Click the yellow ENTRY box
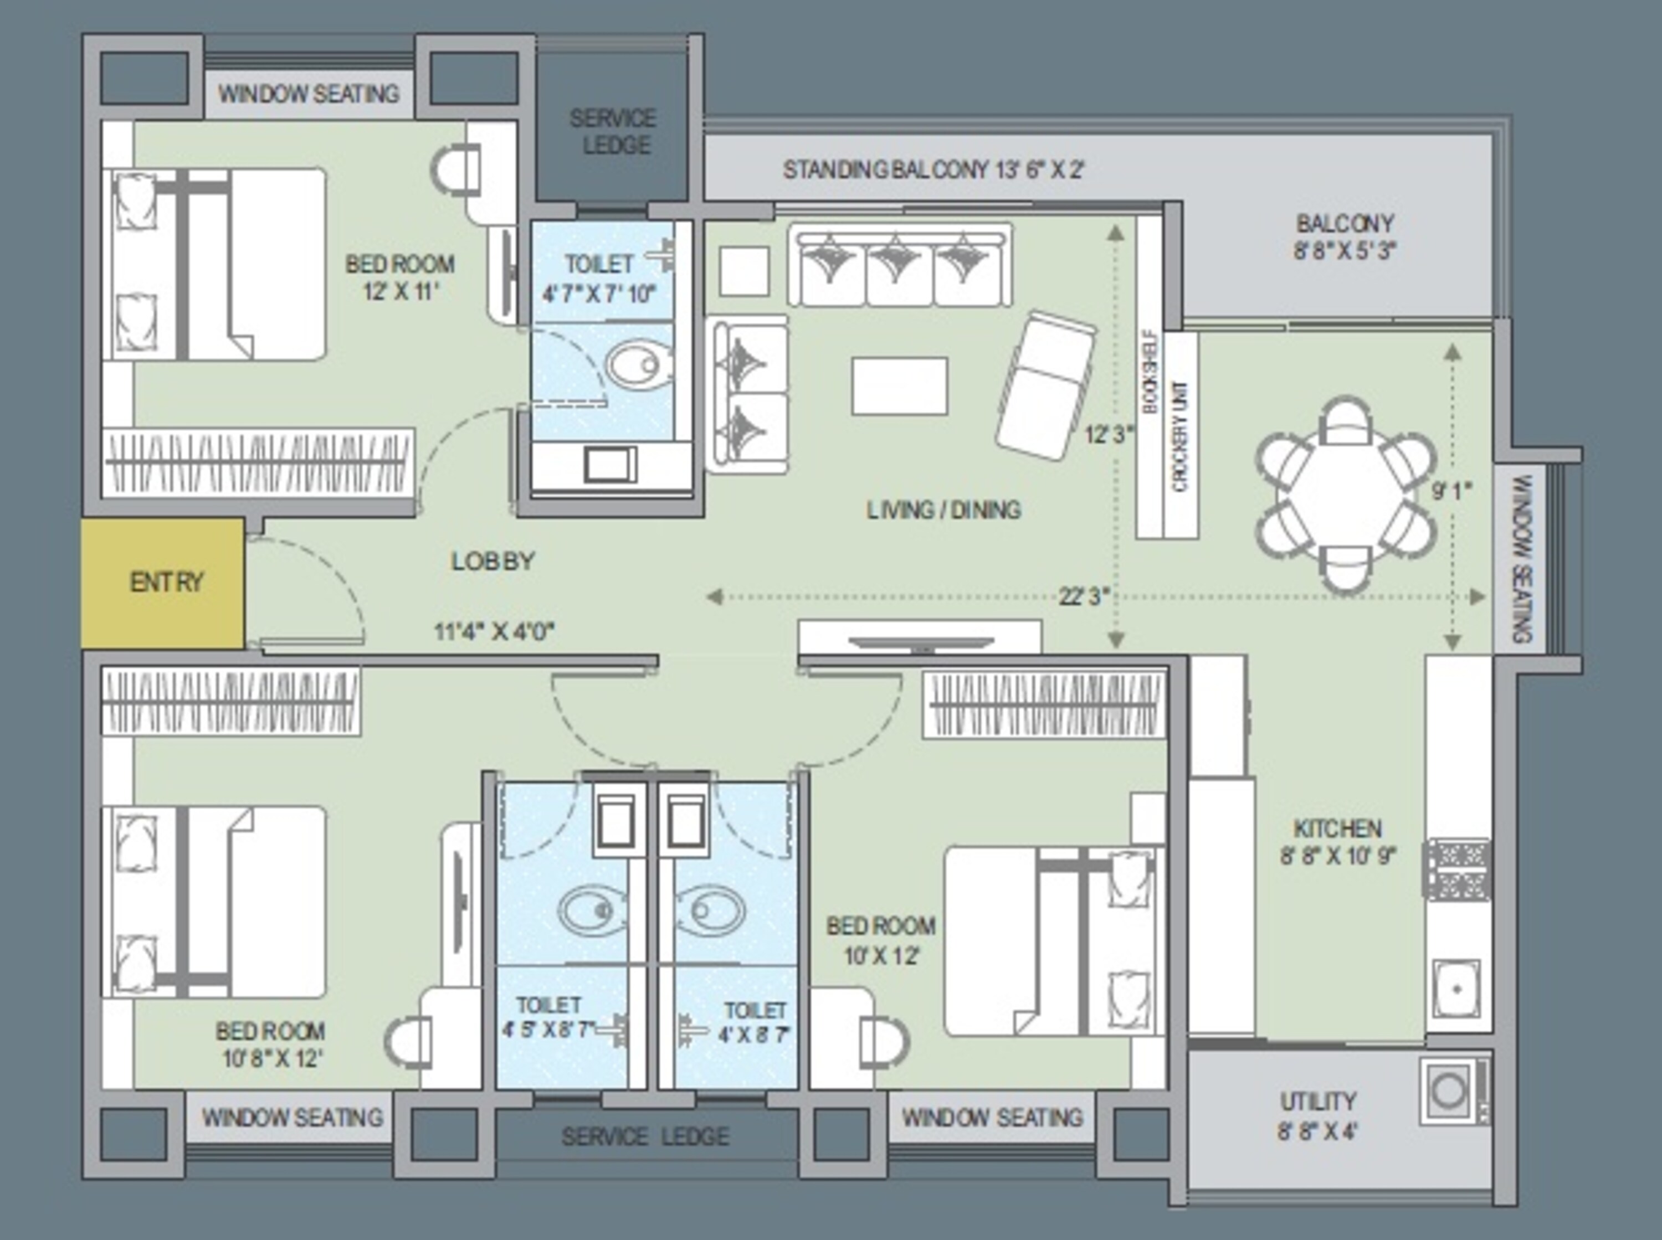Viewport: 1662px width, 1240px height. point(163,583)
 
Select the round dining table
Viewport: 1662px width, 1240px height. point(1345,496)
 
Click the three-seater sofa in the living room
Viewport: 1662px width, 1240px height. point(899,266)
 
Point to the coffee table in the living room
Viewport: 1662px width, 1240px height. point(899,386)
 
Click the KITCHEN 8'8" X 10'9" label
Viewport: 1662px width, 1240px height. point(1338,842)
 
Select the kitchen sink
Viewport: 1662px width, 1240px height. point(1455,989)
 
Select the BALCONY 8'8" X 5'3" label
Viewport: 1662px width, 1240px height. point(1343,236)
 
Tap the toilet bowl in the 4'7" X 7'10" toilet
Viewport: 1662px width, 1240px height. point(638,366)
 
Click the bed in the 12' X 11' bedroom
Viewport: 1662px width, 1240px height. point(218,264)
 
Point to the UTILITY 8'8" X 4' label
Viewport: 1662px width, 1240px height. point(1317,1115)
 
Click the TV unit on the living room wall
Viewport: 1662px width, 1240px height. point(920,637)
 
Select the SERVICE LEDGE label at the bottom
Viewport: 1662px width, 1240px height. point(645,1136)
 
